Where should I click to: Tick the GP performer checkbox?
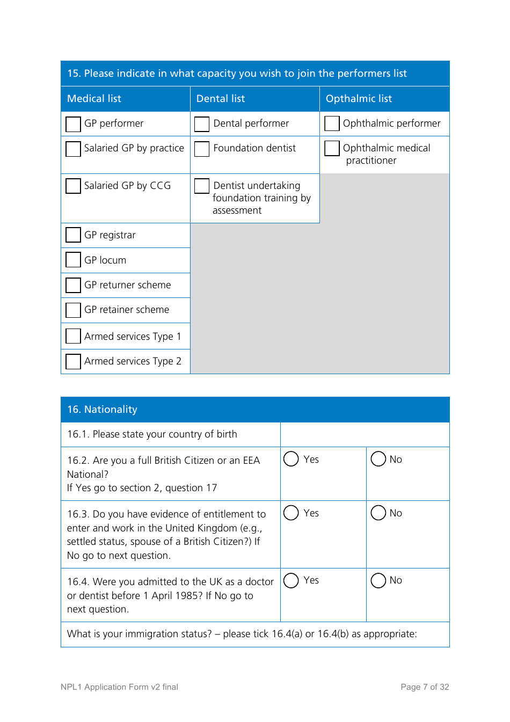[73, 124]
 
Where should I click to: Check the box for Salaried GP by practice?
[73, 149]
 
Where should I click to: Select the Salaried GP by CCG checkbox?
[73, 186]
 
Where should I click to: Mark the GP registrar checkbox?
[73, 235]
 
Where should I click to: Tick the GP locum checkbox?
[73, 260]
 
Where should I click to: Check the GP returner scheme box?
[73, 285]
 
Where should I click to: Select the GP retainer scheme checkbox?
[73, 310]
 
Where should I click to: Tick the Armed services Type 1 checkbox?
[73, 336]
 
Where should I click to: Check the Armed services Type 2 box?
[73, 361]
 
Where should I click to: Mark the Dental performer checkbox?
[202, 124]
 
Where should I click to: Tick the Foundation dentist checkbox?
[202, 149]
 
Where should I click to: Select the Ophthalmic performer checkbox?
[332, 123]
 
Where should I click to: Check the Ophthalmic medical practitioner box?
[332, 148]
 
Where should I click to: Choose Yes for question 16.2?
[291, 459]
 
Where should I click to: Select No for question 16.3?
[378, 513]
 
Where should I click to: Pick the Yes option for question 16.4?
[291, 580]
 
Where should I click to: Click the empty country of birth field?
[365, 434]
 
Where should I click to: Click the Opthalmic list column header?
[359, 99]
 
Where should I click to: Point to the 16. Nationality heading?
[102, 410]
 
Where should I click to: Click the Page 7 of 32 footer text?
[425, 687]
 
